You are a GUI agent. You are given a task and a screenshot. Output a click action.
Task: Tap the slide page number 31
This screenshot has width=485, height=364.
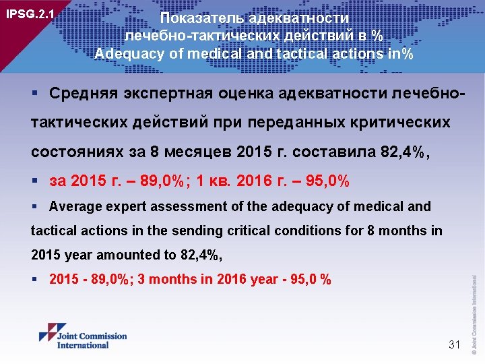(x=453, y=344)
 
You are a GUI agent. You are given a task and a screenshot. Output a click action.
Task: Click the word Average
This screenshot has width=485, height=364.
(x=73, y=206)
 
